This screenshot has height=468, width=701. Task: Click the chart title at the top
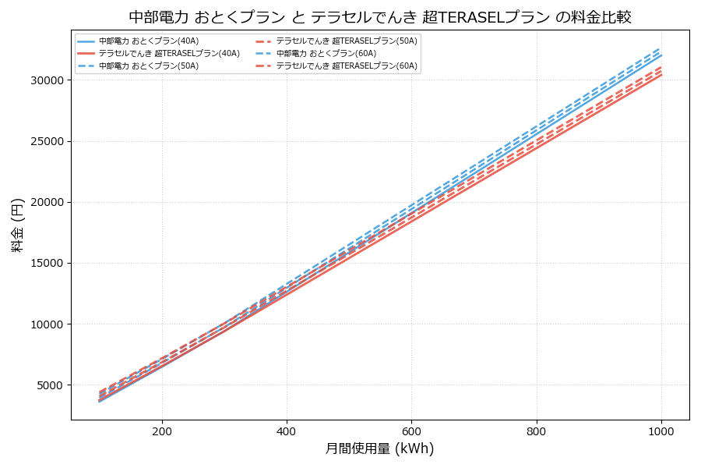[x=379, y=16]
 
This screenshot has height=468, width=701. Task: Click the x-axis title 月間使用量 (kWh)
[x=379, y=448]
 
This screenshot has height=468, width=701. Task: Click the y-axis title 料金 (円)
[x=17, y=225]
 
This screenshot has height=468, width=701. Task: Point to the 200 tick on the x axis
[x=162, y=431]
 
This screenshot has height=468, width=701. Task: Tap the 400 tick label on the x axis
[x=287, y=431]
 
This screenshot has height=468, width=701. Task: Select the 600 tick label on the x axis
[x=411, y=431]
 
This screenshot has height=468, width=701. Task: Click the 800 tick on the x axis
[x=537, y=431]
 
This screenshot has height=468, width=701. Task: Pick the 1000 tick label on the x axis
[x=661, y=431]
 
